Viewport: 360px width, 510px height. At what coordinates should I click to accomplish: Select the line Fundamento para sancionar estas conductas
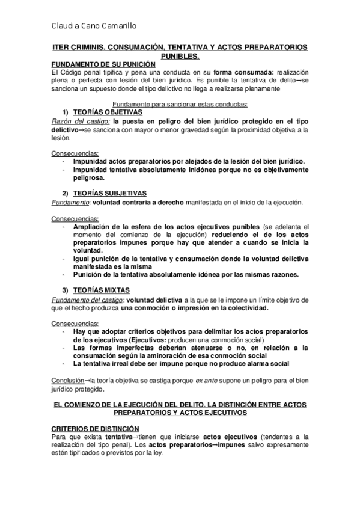click(x=180, y=104)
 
